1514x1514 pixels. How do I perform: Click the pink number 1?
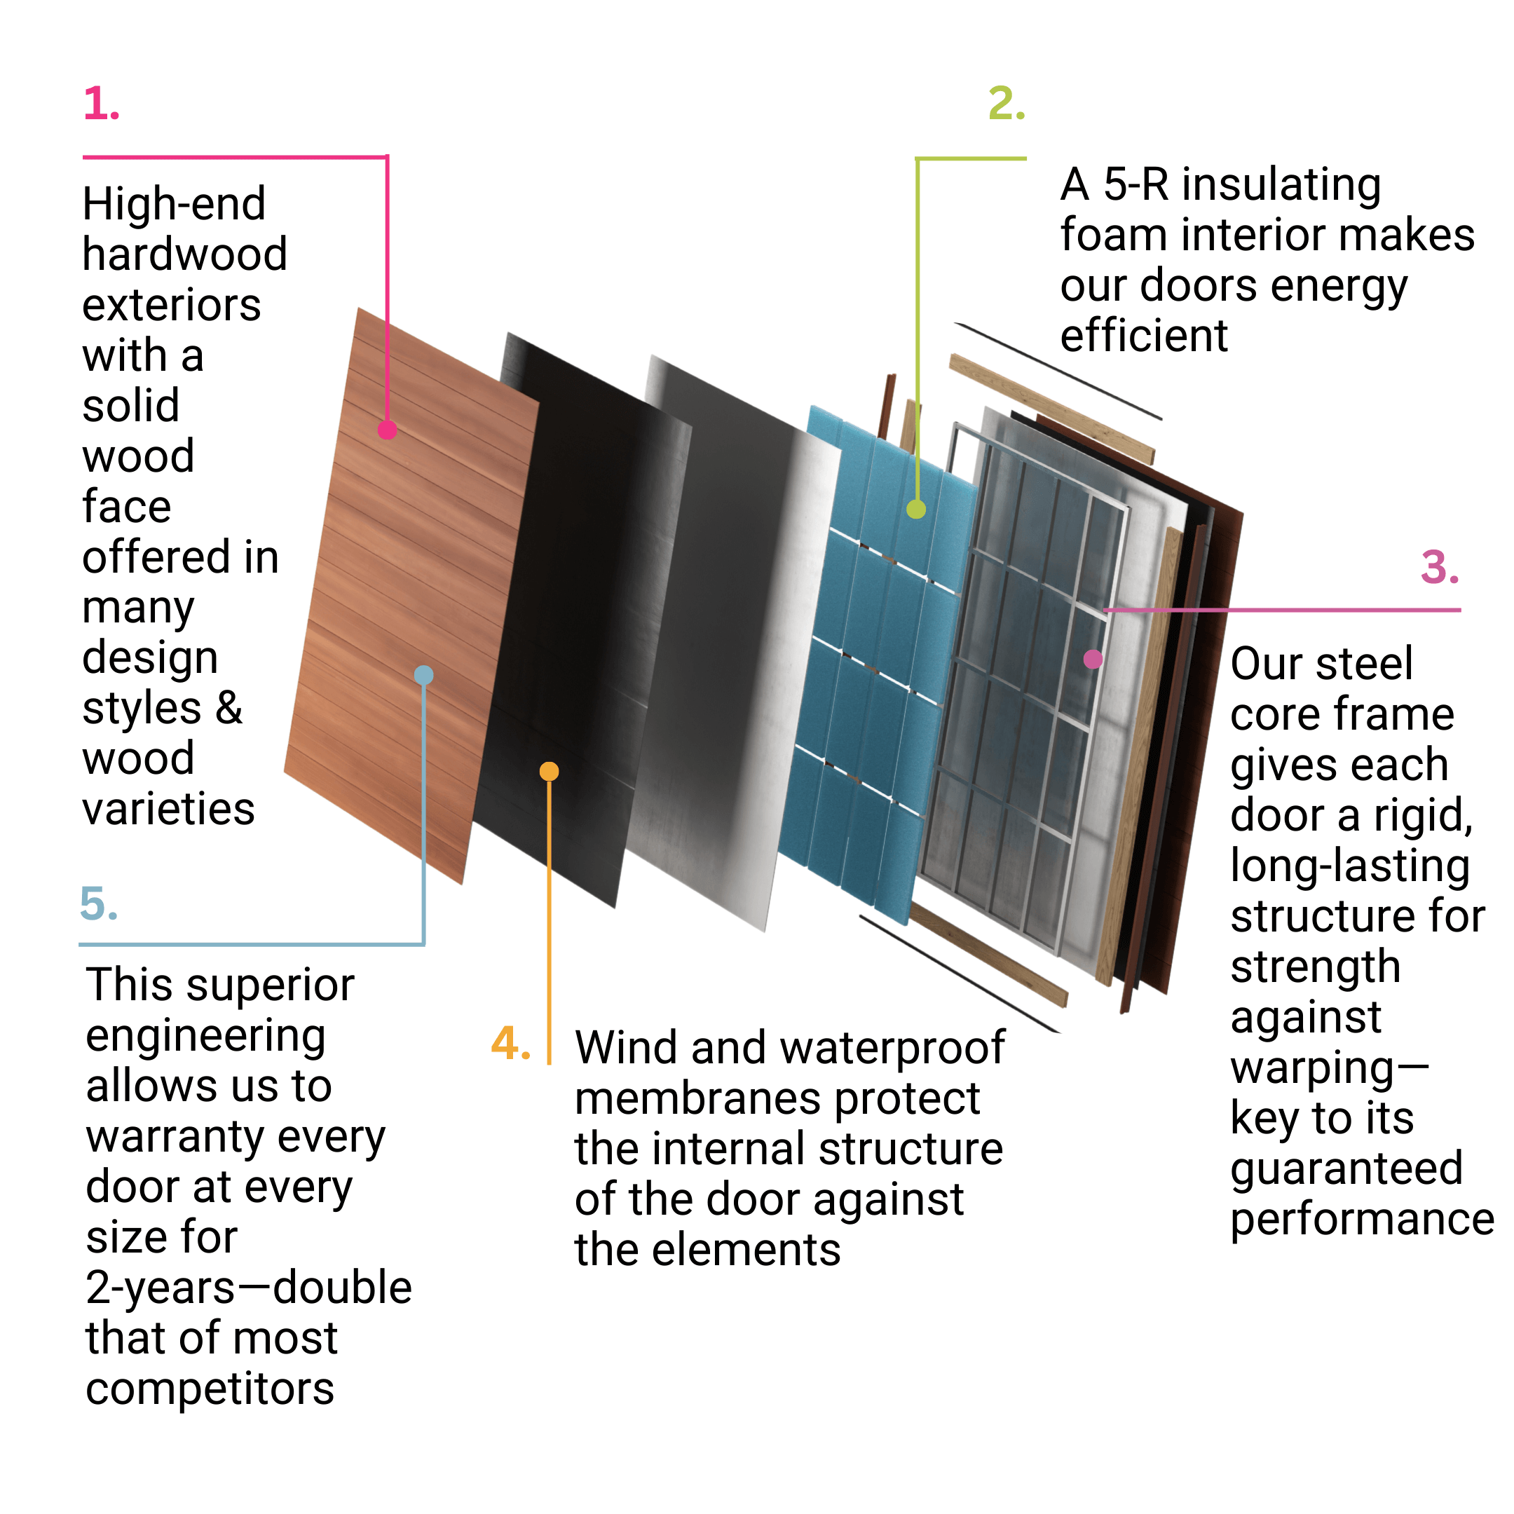click(x=101, y=104)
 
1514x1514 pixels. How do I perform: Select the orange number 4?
click(x=510, y=1044)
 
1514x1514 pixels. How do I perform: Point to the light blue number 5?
click(x=99, y=903)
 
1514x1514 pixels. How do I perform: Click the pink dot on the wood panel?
click(x=387, y=430)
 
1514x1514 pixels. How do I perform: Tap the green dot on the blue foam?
click(x=916, y=510)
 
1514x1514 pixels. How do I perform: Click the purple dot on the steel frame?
click(x=1093, y=659)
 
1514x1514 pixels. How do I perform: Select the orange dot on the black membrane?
click(x=550, y=772)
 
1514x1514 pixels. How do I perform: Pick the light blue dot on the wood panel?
click(x=424, y=676)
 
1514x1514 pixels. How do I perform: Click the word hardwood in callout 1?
click(x=185, y=254)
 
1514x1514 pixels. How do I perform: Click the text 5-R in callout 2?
click(x=1136, y=185)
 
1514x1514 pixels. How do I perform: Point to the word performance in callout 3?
click(x=1362, y=1220)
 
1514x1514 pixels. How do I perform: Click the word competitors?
click(x=210, y=1390)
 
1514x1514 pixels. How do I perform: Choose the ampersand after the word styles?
click(x=229, y=708)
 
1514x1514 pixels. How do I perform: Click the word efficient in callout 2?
click(x=1144, y=336)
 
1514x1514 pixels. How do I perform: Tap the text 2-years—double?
click(x=248, y=1289)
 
